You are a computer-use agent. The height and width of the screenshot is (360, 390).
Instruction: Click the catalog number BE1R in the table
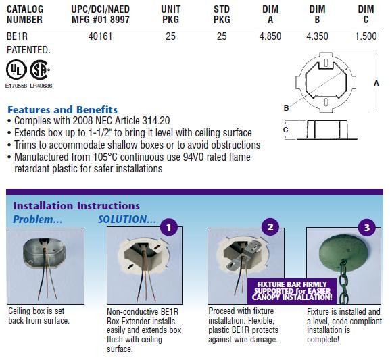tap(17, 36)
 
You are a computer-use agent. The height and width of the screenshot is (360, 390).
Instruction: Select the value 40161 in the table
tap(100, 36)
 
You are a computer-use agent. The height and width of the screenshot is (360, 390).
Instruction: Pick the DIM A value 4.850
tap(270, 36)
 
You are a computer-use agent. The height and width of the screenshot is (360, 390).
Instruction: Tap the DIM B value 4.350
tap(317, 36)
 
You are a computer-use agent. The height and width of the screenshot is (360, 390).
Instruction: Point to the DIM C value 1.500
tap(366, 36)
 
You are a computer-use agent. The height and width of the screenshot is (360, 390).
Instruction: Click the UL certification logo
tap(16, 70)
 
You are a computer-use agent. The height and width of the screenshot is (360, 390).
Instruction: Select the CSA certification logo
tap(40, 70)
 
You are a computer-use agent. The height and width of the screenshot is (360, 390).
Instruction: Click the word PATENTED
tap(28, 50)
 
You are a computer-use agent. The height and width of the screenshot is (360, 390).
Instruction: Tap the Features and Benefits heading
tap(62, 109)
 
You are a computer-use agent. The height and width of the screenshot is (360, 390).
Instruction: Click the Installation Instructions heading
tap(76, 206)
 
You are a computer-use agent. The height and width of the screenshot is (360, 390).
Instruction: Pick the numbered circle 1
tap(169, 227)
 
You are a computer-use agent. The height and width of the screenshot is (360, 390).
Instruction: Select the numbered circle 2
tap(270, 227)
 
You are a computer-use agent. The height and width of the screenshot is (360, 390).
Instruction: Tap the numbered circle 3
tap(367, 227)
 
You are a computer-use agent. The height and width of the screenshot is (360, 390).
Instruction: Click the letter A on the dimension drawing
tap(376, 83)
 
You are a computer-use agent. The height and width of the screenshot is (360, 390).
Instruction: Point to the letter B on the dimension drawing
tap(287, 108)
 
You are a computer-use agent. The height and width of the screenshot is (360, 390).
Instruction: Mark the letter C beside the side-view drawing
tap(285, 130)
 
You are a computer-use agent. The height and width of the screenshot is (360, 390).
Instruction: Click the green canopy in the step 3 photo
tap(343, 249)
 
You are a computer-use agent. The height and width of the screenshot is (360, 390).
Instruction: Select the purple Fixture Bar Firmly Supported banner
tap(292, 291)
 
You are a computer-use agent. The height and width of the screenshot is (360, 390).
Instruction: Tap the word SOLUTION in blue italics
tap(127, 220)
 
